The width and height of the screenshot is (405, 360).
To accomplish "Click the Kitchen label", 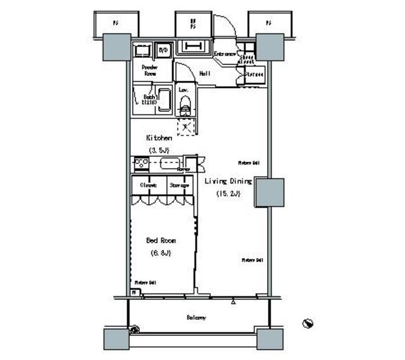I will (159, 137).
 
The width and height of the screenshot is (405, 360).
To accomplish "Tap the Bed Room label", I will (161, 240).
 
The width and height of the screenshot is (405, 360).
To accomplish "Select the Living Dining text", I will (228, 182).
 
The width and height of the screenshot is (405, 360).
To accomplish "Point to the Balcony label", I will (196, 318).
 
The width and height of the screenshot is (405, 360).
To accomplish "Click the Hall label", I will (205, 74).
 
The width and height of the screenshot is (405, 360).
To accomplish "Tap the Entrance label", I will (225, 54).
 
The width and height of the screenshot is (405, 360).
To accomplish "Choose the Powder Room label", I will (149, 70).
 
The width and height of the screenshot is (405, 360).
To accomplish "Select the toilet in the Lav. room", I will (185, 104).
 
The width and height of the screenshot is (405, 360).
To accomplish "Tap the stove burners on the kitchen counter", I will (140, 164).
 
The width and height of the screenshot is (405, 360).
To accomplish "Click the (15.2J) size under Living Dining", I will (228, 194).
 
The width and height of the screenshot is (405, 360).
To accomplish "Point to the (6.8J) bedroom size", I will (161, 253).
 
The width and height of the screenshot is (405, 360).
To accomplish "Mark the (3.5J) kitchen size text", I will (159, 150).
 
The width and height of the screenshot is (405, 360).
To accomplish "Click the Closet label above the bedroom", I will (149, 185).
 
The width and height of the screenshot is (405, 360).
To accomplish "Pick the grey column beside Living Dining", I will (269, 193).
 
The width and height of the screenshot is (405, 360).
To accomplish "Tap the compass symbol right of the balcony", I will (308, 323).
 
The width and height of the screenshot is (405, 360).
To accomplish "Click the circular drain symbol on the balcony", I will (134, 329).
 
